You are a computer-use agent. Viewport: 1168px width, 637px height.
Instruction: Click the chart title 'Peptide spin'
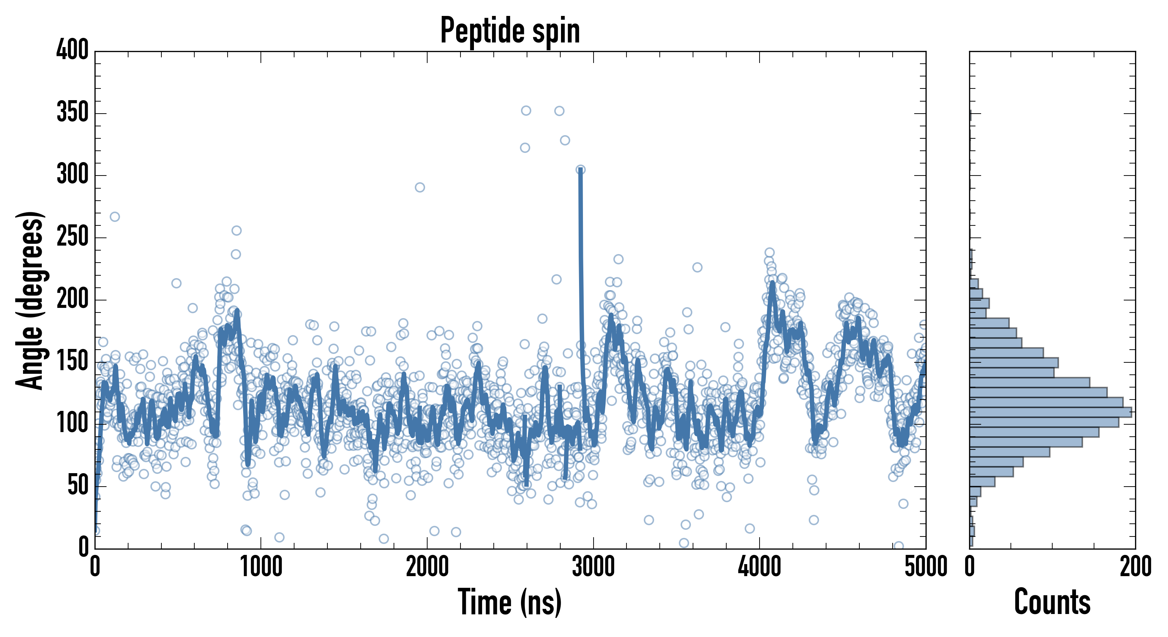tap(510, 31)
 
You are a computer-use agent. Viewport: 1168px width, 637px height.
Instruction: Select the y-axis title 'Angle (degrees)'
tap(30, 300)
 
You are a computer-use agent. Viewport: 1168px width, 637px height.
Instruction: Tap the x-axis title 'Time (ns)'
tap(510, 602)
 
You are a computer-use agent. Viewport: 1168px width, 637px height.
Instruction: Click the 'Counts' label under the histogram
tap(1052, 602)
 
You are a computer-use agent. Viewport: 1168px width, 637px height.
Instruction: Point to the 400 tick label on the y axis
tap(72, 50)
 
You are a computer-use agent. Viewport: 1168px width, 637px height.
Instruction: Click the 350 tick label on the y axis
tap(72, 113)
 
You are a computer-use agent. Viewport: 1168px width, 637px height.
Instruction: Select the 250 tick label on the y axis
tap(72, 237)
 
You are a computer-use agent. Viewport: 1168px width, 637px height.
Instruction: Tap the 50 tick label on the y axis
tap(78, 486)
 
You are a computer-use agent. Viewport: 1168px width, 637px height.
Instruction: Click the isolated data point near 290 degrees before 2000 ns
tap(420, 187)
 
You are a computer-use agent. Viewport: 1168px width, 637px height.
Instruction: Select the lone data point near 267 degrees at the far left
tap(115, 217)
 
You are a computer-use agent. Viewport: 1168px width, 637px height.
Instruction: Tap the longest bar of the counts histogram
tap(1050, 412)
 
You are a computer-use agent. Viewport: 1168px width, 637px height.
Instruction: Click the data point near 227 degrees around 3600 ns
tap(697, 268)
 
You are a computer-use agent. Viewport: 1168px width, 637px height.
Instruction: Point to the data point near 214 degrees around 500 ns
tap(176, 283)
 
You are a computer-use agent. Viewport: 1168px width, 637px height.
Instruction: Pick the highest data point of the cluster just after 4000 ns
tap(769, 253)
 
